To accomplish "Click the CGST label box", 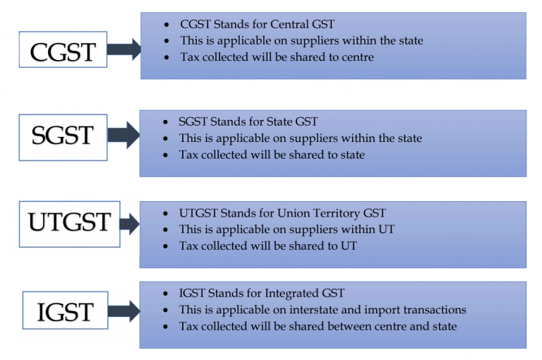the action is coord(63,49).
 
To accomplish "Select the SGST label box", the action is coord(63,137).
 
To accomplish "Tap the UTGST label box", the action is coord(69,224).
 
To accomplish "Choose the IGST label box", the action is coord(66,310).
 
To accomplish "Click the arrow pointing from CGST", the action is coord(124,49).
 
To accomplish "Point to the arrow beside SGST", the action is coord(124,135).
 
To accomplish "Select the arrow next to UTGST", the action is coord(130,224).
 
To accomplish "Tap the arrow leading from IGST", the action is coord(124,311).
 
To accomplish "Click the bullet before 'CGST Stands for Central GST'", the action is coord(167,25).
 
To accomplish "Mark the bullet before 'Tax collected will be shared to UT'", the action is coord(166,246).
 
